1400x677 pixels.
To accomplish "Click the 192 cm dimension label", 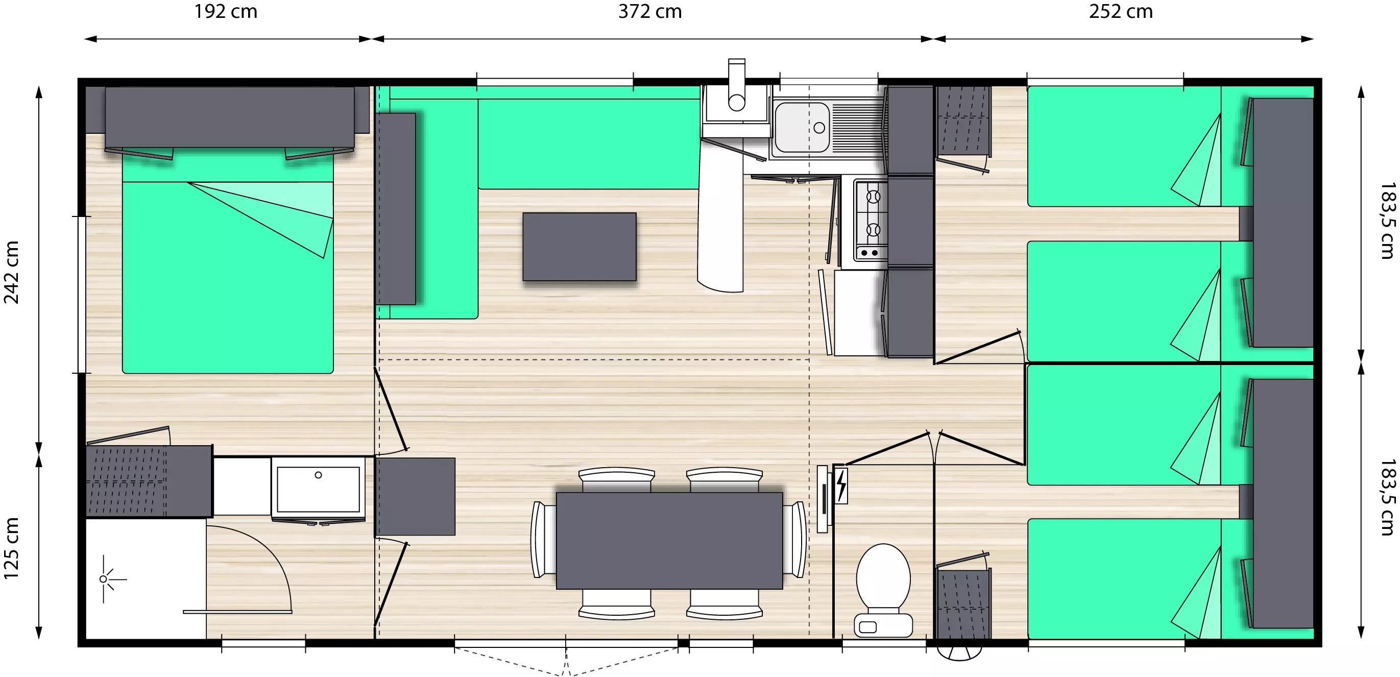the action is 226,11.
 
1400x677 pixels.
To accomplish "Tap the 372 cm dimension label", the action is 650,11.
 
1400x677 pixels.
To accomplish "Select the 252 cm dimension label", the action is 1121,11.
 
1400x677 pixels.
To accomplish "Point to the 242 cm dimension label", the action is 11,272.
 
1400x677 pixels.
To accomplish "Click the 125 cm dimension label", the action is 11,548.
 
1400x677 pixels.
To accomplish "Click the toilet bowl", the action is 883,590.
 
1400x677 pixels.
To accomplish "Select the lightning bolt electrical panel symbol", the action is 841,485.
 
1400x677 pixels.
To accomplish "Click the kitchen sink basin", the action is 802,128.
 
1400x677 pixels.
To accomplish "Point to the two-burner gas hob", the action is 871,220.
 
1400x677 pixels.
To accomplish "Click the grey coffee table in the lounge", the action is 580,247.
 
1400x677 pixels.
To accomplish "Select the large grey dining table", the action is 669,541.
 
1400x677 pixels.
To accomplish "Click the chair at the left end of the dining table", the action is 543,540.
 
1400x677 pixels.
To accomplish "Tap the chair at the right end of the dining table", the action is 795,540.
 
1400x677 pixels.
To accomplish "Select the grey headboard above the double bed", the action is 229,116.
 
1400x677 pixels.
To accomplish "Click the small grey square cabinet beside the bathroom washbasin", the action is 415,497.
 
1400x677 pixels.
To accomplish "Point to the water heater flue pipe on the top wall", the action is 736,85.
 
